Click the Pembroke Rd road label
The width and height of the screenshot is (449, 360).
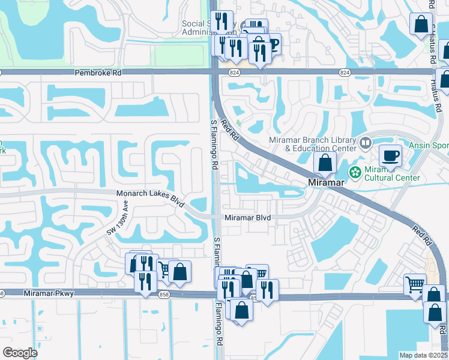(98, 72)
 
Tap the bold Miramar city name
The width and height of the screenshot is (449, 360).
(325, 182)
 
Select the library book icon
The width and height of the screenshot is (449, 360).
(365, 143)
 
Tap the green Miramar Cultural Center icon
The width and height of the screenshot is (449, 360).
(355, 172)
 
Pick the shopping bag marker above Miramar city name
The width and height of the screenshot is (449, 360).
(325, 163)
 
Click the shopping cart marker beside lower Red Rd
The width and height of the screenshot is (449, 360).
(415, 284)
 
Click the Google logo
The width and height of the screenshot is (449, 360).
(20, 353)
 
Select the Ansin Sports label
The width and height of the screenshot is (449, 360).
(429, 145)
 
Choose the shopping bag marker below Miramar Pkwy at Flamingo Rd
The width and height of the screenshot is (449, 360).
(241, 311)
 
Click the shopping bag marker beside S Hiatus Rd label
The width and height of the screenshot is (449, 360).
(421, 25)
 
